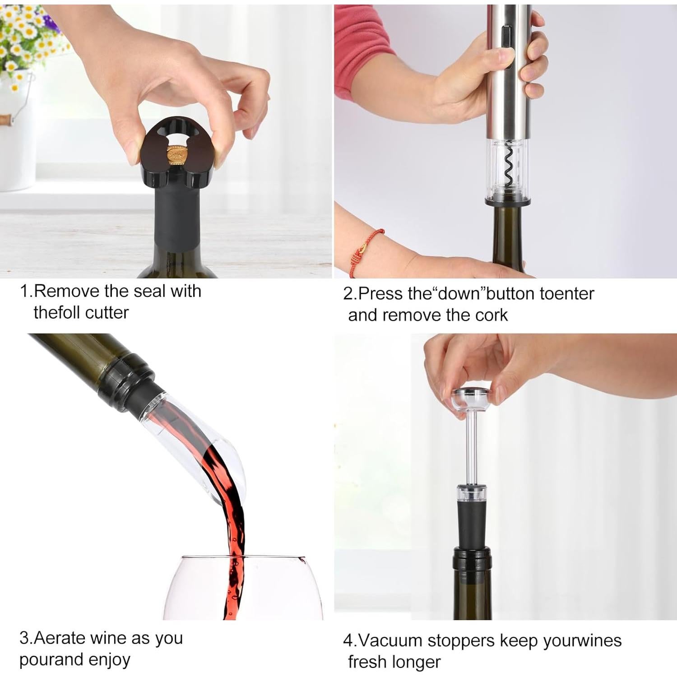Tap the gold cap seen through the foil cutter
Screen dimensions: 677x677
coord(177,156)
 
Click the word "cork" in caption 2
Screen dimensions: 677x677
coord(493,315)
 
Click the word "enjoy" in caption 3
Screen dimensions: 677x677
coord(109,659)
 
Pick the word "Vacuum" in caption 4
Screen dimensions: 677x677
coord(390,640)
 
